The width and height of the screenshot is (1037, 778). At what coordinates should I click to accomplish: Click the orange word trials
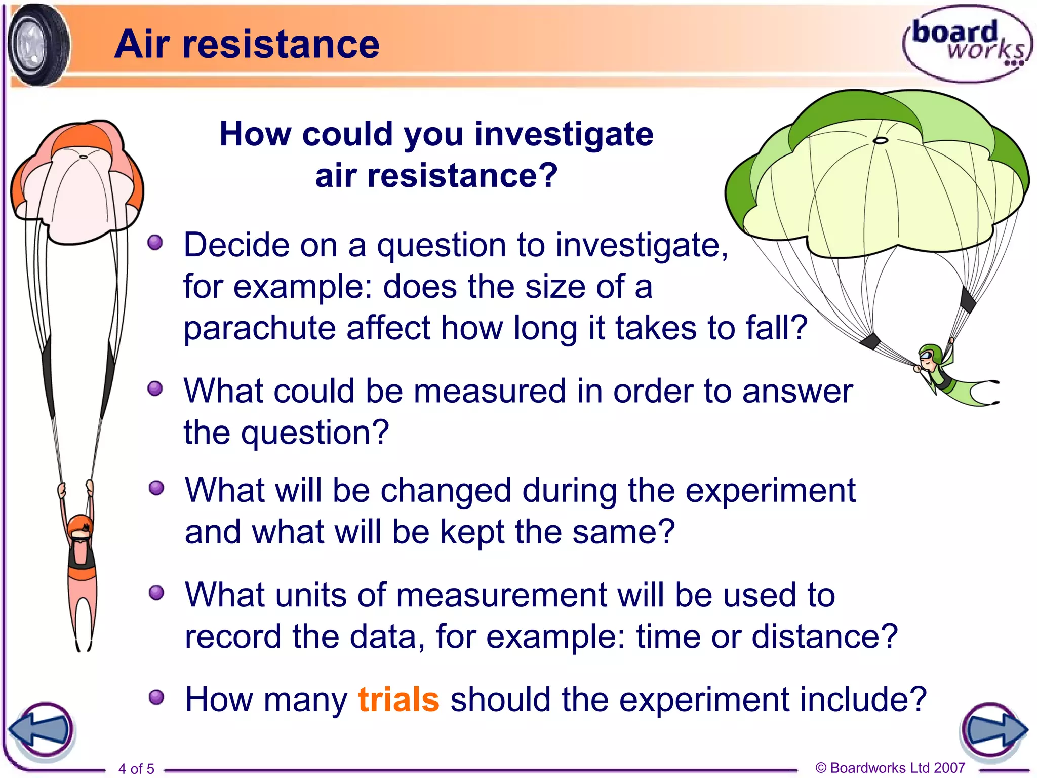click(x=398, y=699)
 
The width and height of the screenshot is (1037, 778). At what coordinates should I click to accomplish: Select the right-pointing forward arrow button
click(x=993, y=730)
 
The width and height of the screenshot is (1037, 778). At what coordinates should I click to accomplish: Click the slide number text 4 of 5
click(x=136, y=768)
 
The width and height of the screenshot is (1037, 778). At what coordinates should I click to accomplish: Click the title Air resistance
click(x=247, y=44)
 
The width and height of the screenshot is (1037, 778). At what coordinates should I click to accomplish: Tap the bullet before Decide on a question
click(x=155, y=243)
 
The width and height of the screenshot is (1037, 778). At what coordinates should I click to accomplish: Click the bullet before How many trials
click(x=156, y=697)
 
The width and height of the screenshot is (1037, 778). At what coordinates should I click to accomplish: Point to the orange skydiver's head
click(x=80, y=527)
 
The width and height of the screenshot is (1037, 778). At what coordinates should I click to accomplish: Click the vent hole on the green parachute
click(x=881, y=140)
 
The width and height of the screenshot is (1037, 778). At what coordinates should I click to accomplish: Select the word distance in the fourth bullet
click(x=824, y=636)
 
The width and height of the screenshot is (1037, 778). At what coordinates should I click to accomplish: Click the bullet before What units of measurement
click(x=156, y=593)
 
